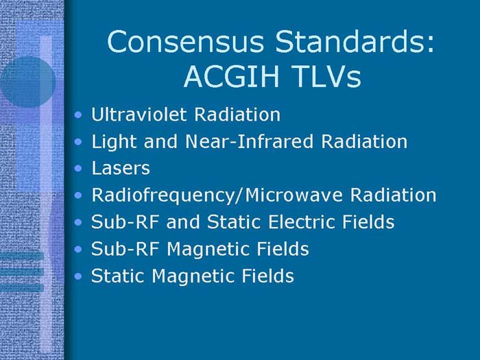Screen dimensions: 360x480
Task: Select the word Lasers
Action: pos(120,168)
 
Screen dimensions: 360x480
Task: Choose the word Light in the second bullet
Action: pos(110,142)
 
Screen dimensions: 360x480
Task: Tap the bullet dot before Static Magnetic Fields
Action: pos(81,278)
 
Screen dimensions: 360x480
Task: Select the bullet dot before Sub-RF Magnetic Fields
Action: pos(81,250)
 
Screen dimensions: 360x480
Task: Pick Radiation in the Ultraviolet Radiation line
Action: pos(239,115)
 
